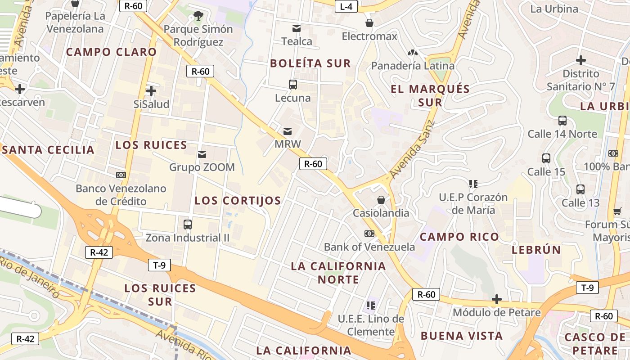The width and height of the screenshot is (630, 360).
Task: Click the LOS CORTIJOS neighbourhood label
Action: pyautogui.click(x=238, y=201)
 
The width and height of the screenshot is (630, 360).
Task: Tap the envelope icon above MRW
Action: pyautogui.click(x=288, y=131)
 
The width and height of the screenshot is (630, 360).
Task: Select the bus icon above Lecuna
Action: pyautogui.click(x=293, y=84)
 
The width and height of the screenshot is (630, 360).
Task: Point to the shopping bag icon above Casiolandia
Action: pyautogui.click(x=381, y=199)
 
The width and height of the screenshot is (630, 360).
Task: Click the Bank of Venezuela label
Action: pyautogui.click(x=369, y=247)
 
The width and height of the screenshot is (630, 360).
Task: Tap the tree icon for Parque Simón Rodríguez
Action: pyautogui.click(x=198, y=16)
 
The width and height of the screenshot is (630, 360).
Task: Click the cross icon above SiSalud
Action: pyautogui.click(x=151, y=91)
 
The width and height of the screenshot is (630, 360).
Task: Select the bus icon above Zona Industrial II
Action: pyautogui.click(x=188, y=224)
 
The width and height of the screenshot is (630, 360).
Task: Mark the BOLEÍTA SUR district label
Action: pyautogui.click(x=310, y=63)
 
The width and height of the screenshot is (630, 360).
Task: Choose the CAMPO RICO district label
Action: pyautogui.click(x=459, y=237)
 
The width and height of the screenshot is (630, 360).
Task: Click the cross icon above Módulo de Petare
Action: pyautogui.click(x=497, y=299)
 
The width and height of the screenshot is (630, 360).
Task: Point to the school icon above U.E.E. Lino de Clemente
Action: pyautogui.click(x=371, y=306)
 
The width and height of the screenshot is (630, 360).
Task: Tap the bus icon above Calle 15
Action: pyautogui.click(x=546, y=158)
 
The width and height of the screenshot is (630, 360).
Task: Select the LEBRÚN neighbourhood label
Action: pyautogui.click(x=536, y=250)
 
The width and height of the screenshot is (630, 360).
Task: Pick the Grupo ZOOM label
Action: pyautogui.click(x=202, y=167)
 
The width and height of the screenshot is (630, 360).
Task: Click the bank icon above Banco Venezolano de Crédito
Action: pyautogui.click(x=121, y=175)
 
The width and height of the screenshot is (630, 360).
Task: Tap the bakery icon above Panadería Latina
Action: pyautogui.click(x=413, y=53)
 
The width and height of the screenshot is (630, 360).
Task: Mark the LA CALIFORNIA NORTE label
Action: pyautogui.click(x=338, y=273)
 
